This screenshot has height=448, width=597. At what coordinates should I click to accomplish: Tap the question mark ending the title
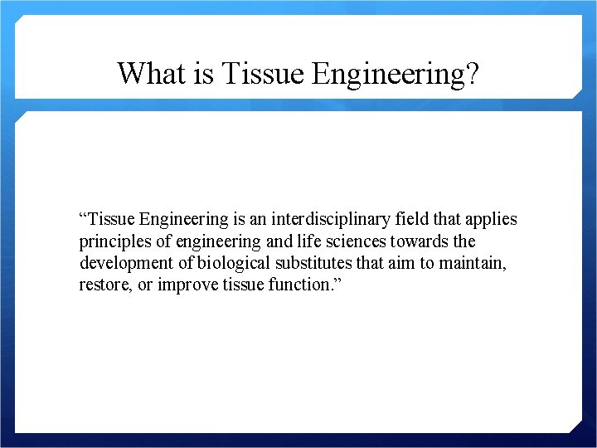click(x=472, y=73)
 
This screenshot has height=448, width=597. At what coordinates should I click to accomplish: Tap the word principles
click(x=112, y=242)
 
